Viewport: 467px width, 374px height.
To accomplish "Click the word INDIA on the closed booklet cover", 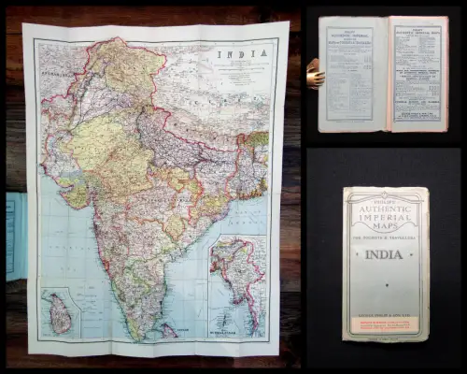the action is pyautogui.click(x=385, y=253).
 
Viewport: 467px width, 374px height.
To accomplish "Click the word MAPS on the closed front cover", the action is pyautogui.click(x=385, y=226).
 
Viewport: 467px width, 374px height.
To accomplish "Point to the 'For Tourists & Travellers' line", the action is pyautogui.click(x=385, y=237).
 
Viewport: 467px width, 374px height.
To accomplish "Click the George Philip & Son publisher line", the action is pyautogui.click(x=385, y=318).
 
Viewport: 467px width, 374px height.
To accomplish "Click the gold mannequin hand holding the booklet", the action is pyautogui.click(x=315, y=75).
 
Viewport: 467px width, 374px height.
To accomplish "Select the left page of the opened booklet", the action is pyautogui.click(x=354, y=74).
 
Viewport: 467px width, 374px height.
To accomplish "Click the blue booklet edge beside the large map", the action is pyautogui.click(x=14, y=236).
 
